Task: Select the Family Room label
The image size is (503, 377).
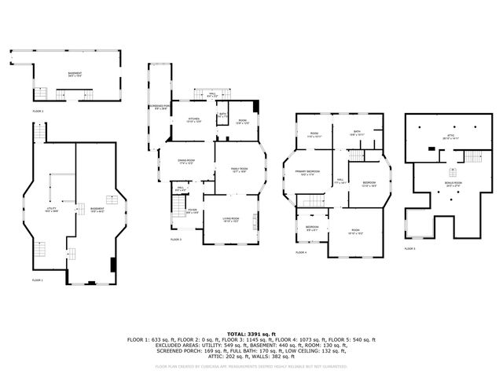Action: [x=239, y=170]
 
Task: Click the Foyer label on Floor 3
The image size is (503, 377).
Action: [x=192, y=210]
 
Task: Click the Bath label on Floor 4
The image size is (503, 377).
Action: [x=357, y=133]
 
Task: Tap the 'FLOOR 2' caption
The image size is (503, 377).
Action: [x=16, y=112]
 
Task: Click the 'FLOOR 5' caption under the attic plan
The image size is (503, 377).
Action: [x=409, y=248]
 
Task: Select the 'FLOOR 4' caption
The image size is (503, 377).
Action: [x=301, y=252]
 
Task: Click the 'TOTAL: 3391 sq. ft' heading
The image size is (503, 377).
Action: [x=251, y=333]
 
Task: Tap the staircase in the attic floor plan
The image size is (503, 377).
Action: [x=471, y=156]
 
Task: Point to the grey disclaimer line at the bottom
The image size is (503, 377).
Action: [x=251, y=366]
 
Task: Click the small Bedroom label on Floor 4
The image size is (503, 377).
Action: [x=312, y=229]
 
